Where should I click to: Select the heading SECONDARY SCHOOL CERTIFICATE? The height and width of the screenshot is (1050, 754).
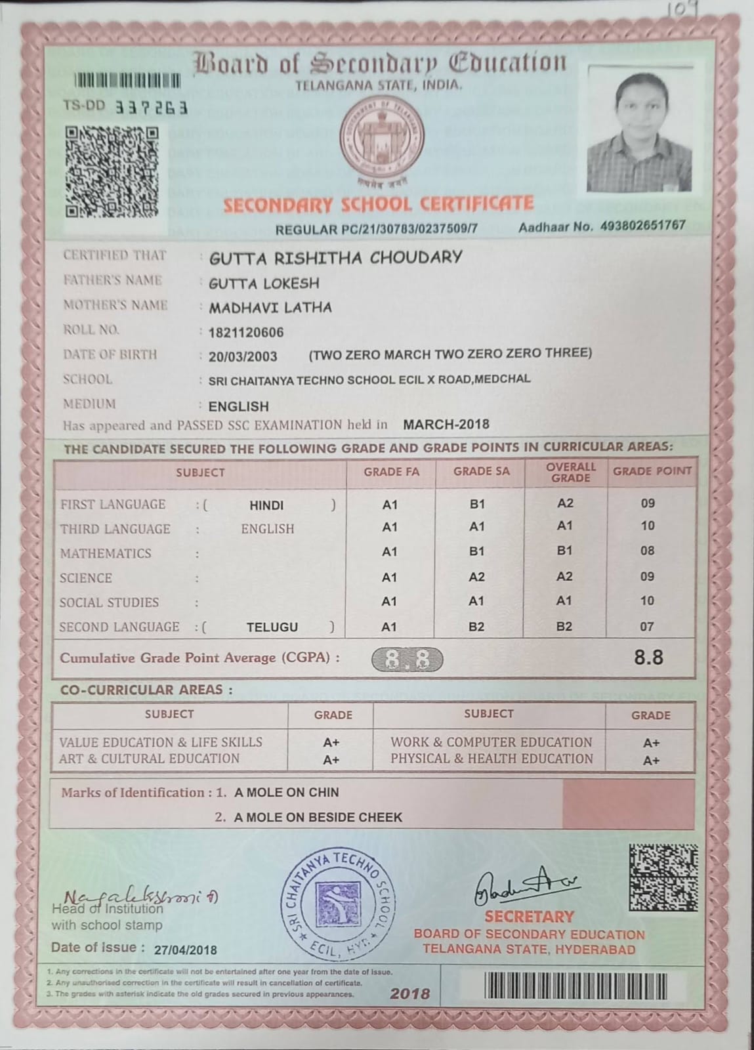coord(379,204)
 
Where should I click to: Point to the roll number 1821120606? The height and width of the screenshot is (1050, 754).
coord(246,332)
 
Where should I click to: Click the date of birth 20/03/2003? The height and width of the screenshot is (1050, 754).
coord(243,356)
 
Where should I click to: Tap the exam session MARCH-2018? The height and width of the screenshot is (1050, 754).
coord(446,424)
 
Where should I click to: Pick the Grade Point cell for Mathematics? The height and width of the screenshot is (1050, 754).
coord(647,551)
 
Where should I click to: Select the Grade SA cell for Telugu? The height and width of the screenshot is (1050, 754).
coord(476,627)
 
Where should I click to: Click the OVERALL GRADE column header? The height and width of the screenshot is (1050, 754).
coord(570,472)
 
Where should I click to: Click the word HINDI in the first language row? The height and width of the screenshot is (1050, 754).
coord(266,505)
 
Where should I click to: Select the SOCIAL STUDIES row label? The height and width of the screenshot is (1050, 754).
coord(109,602)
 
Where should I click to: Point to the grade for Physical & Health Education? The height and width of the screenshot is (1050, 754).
coord(651,761)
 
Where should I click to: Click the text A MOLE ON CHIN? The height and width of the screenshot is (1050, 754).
coord(287,792)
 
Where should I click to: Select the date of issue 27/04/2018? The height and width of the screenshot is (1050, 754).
coord(185,950)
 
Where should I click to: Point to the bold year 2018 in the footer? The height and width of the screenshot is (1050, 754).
coord(409,994)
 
